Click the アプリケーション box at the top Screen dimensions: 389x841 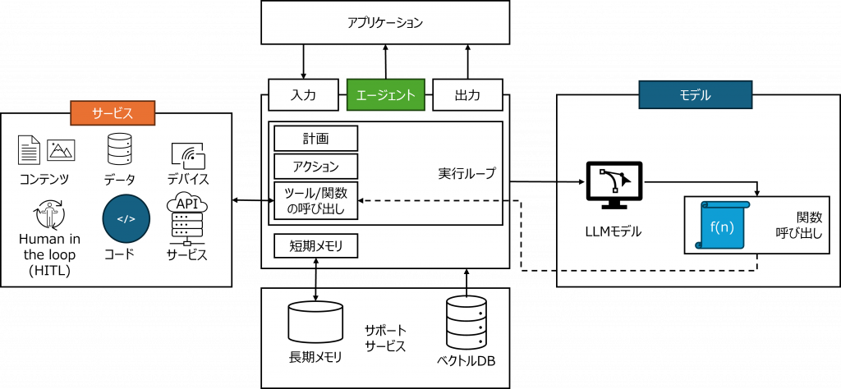tap(385, 22)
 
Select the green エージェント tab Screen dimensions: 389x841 tap(385, 95)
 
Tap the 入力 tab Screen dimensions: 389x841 tap(303, 95)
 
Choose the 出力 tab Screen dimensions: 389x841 tap(467, 95)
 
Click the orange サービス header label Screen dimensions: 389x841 tap(113, 112)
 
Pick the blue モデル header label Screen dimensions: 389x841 tap(695, 95)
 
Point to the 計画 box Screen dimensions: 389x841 tap(315, 138)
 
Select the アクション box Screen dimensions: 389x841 tap(315, 167)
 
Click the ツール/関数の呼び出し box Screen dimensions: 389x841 tap(315, 202)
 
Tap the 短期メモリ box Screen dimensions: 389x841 tap(315, 245)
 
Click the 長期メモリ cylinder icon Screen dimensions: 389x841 tap(315, 321)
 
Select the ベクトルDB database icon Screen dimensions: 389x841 tap(466, 323)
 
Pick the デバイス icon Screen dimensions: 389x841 tap(187, 155)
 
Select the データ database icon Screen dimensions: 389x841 tap(120, 150)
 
